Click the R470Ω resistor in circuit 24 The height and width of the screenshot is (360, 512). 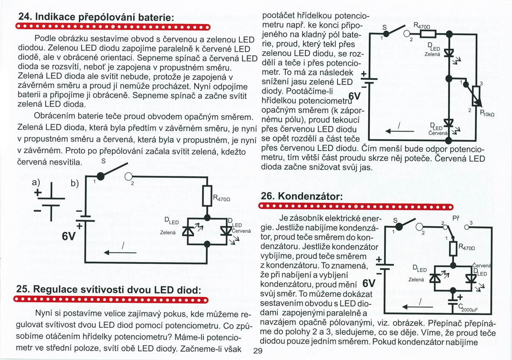[208, 196]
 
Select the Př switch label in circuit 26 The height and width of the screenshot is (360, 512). [455, 218]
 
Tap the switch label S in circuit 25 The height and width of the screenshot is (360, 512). [384, 27]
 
